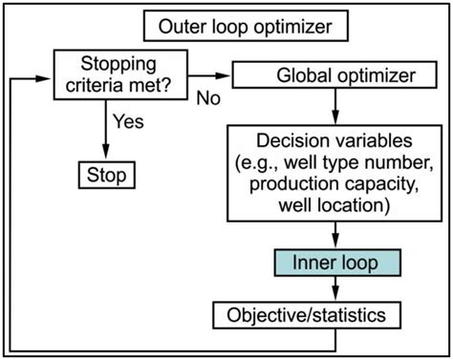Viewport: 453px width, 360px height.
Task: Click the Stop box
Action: point(105,177)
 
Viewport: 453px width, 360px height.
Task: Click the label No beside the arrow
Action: point(210,96)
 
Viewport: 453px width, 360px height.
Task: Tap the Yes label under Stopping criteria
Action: point(128,123)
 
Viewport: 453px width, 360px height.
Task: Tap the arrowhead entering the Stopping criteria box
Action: point(48,74)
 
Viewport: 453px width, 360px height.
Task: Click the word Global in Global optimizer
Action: point(300,74)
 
